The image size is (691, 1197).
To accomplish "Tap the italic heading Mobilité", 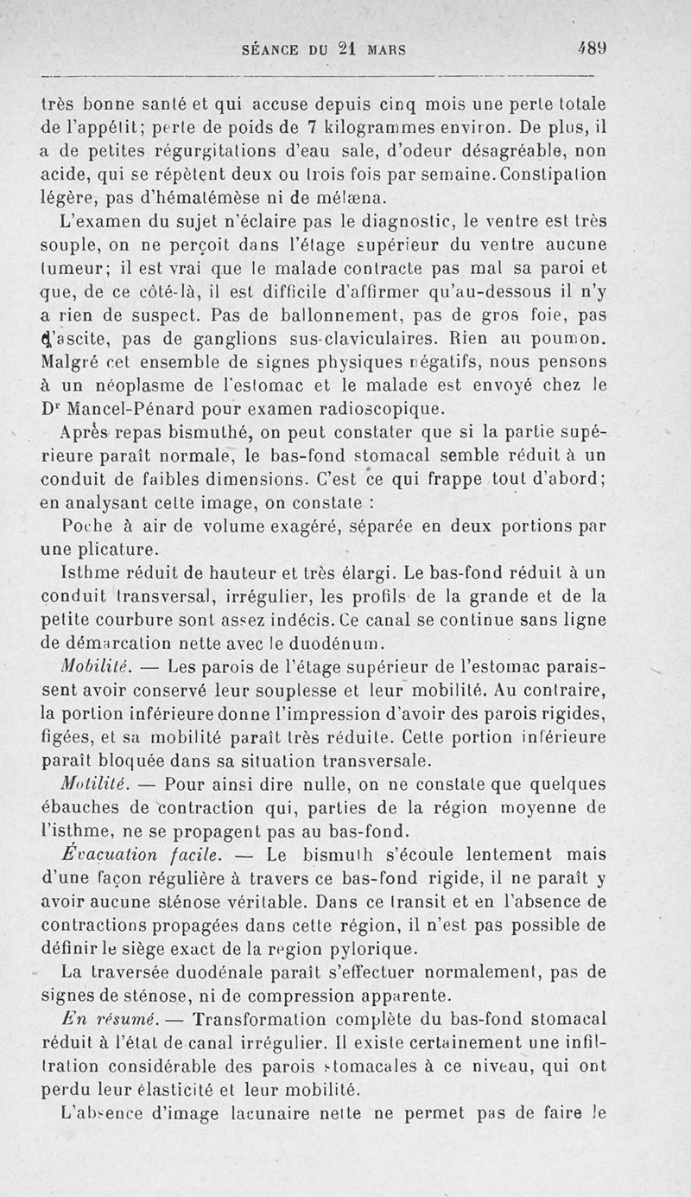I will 95,665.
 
